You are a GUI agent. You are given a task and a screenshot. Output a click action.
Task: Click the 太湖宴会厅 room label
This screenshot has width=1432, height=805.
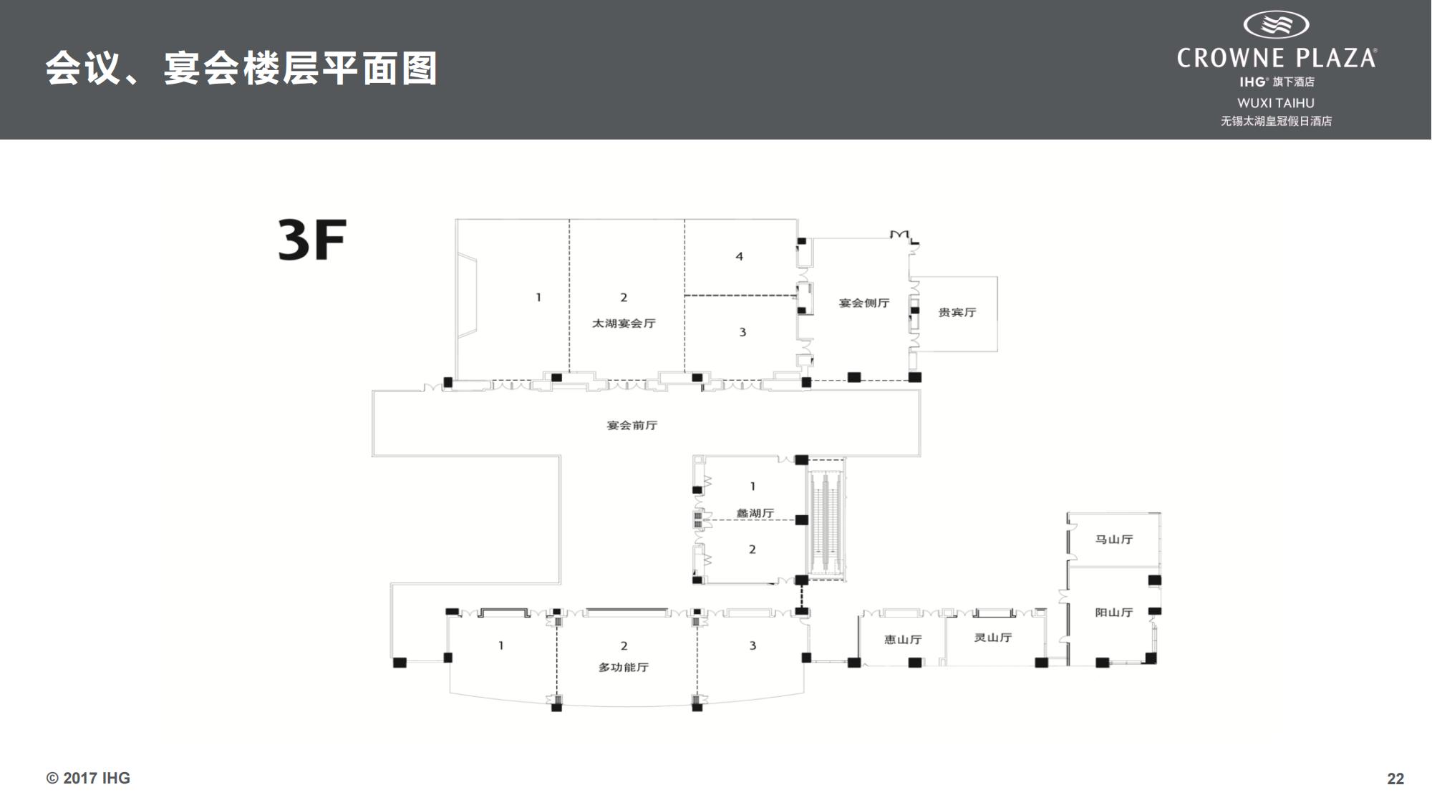(x=623, y=323)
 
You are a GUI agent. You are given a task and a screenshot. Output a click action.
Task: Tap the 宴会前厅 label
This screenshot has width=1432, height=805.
(x=632, y=425)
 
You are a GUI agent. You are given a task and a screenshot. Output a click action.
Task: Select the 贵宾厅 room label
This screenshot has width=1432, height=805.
(x=957, y=312)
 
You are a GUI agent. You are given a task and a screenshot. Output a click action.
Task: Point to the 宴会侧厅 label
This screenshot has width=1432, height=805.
(x=863, y=303)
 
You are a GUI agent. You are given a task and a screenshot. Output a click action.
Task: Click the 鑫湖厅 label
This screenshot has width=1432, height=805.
(x=755, y=513)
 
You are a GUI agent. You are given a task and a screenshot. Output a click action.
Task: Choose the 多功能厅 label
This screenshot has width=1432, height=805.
(x=623, y=667)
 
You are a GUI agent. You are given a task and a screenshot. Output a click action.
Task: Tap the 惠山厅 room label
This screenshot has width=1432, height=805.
(x=903, y=639)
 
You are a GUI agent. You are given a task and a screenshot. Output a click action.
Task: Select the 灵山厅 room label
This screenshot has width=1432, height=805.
(x=992, y=637)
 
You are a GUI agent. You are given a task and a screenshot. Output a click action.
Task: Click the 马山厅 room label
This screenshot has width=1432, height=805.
(x=1113, y=539)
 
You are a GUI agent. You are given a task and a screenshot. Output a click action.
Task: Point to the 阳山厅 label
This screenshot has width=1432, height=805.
(x=1113, y=612)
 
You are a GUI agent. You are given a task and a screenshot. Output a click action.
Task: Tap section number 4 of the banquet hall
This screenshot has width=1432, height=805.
(x=739, y=256)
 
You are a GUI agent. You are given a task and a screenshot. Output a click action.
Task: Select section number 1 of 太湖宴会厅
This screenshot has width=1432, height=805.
(x=538, y=297)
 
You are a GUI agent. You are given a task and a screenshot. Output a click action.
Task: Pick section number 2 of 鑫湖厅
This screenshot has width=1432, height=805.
(x=752, y=550)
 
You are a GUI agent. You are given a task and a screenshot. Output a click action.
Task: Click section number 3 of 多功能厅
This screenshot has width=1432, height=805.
(x=753, y=645)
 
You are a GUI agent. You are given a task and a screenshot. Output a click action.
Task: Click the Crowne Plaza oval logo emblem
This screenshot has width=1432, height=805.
(x=1276, y=25)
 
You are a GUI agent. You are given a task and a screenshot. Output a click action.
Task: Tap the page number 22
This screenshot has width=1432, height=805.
(x=1395, y=779)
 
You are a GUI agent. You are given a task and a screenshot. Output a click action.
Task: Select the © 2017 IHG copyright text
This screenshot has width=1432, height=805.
(x=88, y=778)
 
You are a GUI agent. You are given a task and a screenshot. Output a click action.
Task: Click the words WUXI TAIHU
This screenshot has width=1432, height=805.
(x=1275, y=103)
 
